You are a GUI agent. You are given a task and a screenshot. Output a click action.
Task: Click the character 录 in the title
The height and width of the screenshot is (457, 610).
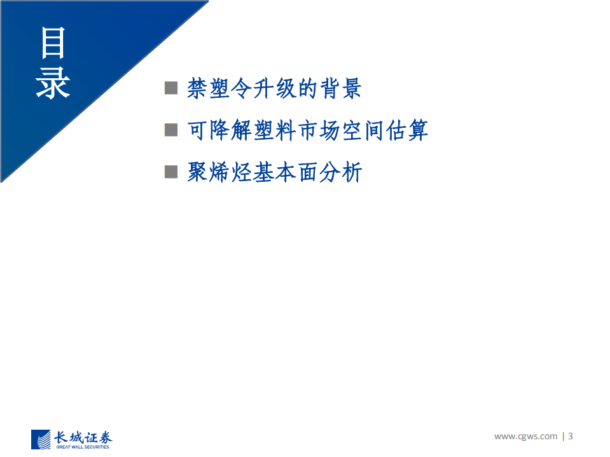click(53, 83)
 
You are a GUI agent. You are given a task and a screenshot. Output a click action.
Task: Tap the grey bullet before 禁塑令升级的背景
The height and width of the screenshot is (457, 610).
click(171, 88)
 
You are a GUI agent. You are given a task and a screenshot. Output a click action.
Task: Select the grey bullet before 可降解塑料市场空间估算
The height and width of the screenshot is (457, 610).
click(171, 130)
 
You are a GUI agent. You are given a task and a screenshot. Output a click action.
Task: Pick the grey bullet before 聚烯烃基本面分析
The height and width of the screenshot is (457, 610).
click(171, 172)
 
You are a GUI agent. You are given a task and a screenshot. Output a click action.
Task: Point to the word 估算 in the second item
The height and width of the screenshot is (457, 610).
click(407, 130)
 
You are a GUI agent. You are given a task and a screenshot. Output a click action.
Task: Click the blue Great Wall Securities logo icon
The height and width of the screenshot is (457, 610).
click(41, 439)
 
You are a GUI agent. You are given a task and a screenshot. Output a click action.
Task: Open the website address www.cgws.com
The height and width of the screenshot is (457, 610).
click(525, 436)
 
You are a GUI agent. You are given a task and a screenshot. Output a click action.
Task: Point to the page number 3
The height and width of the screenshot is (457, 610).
click(571, 436)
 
